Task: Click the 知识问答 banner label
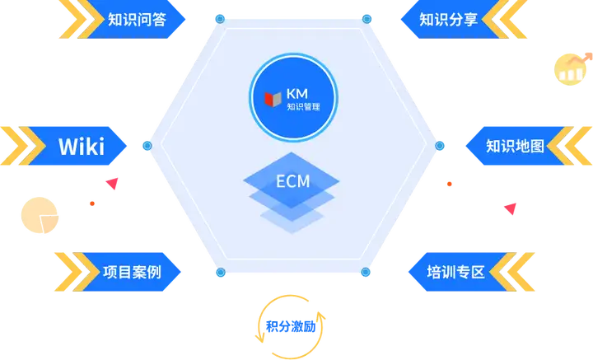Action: click(137, 19)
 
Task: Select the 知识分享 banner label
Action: click(448, 19)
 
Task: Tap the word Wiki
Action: click(82, 147)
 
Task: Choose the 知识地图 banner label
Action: click(515, 146)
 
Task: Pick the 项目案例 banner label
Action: click(132, 272)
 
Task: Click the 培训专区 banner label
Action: click(455, 272)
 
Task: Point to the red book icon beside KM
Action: click(273, 99)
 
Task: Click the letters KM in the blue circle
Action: click(297, 93)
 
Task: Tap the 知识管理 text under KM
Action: click(303, 106)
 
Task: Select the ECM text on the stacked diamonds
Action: click(292, 181)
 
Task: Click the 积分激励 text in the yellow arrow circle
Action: click(291, 326)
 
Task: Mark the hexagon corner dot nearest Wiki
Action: click(147, 146)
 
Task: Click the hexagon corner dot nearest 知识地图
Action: click(440, 146)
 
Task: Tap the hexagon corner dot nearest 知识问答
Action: click(220, 19)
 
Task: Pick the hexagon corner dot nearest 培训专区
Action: click(366, 272)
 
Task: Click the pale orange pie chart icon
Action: click(40, 215)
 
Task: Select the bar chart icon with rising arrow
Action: click(572, 69)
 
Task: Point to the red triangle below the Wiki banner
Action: click(112, 184)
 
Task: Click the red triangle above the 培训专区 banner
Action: click(511, 208)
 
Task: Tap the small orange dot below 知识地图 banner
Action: click(450, 185)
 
